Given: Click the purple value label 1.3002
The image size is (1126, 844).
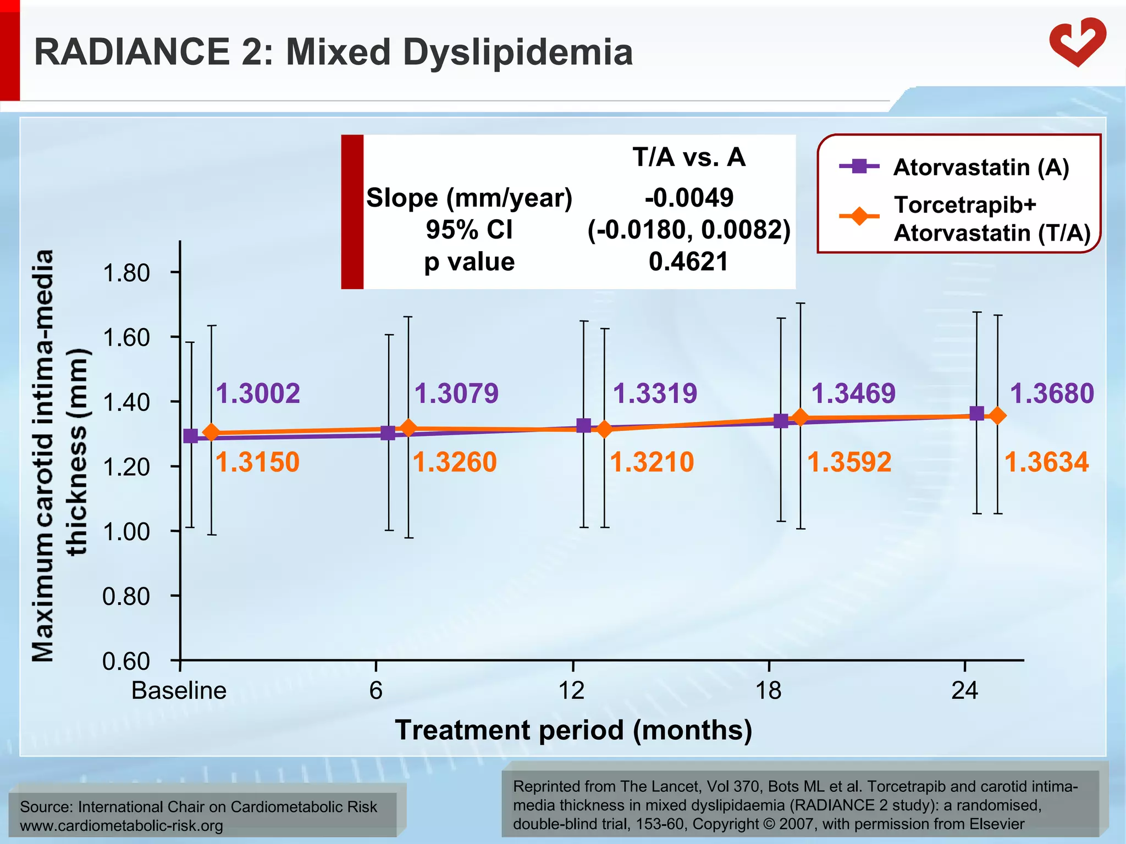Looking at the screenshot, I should tap(258, 393).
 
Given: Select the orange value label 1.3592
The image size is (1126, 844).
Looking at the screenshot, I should tap(849, 462).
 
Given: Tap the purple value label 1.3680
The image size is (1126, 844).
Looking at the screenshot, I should tap(1052, 393).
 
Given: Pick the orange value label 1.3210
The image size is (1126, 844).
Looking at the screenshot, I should tap(652, 462).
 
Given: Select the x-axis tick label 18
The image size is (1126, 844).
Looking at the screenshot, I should tap(768, 690).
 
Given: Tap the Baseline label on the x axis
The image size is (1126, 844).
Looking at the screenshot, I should tap(179, 690).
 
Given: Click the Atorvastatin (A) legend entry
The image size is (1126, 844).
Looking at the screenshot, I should tap(981, 167).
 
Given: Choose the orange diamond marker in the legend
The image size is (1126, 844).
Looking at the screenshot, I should tap(859, 216).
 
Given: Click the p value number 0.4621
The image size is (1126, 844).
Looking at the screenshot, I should tap(688, 262).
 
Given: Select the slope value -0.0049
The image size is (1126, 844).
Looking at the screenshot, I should tap(689, 197).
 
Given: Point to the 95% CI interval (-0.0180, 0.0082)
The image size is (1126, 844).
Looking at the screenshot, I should tap(689, 230).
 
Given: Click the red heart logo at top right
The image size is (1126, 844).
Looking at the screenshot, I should tap(1077, 42).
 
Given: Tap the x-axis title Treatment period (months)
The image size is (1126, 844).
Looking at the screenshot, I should tap(573, 730).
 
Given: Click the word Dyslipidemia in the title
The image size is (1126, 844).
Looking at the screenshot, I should tap(517, 52).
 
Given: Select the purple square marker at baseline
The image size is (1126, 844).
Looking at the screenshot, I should tap(190, 436).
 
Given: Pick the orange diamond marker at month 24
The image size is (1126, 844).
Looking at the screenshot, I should tap(997, 416).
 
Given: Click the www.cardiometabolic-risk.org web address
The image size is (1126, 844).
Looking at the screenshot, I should tap(122, 826).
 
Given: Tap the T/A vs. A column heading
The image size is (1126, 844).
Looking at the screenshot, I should tap(689, 157).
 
